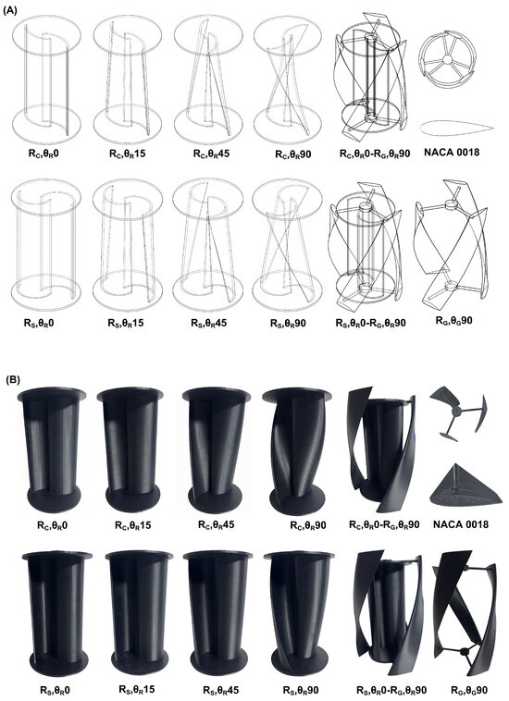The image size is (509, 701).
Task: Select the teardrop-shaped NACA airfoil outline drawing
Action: [456, 128]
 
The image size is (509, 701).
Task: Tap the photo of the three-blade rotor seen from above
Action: [457, 413]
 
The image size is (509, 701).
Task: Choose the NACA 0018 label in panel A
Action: [452, 153]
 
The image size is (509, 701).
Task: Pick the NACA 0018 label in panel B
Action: [461, 523]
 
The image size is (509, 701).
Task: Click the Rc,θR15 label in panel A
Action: [127, 154]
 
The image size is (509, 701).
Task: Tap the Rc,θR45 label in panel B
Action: [216, 525]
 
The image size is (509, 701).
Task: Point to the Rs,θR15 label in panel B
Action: [137, 690]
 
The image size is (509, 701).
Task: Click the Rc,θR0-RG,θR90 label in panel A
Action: [375, 154]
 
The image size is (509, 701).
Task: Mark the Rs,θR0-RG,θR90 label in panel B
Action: [391, 691]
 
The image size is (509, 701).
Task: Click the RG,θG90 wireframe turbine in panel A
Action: [451, 245]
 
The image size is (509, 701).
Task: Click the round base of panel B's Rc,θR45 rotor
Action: [209, 498]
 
